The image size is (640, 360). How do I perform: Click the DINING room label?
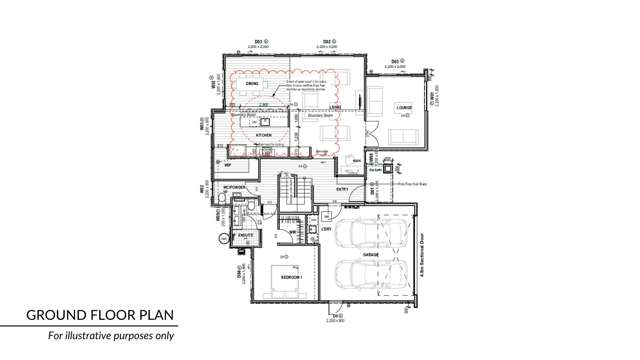pos(238,84)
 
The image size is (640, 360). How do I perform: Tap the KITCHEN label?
pos(264,134)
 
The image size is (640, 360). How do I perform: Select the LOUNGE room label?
pos(405,107)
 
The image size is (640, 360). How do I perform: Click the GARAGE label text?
pos(371,257)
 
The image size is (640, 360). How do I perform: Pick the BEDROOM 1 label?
pos(291,271)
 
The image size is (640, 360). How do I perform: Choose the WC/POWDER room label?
pos(235,188)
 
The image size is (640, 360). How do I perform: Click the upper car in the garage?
pos(367,236)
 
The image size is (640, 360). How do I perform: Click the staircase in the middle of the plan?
pos(293,190)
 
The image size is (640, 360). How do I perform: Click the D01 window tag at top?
pos(258,41)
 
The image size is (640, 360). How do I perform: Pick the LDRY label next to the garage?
pos(328,229)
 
